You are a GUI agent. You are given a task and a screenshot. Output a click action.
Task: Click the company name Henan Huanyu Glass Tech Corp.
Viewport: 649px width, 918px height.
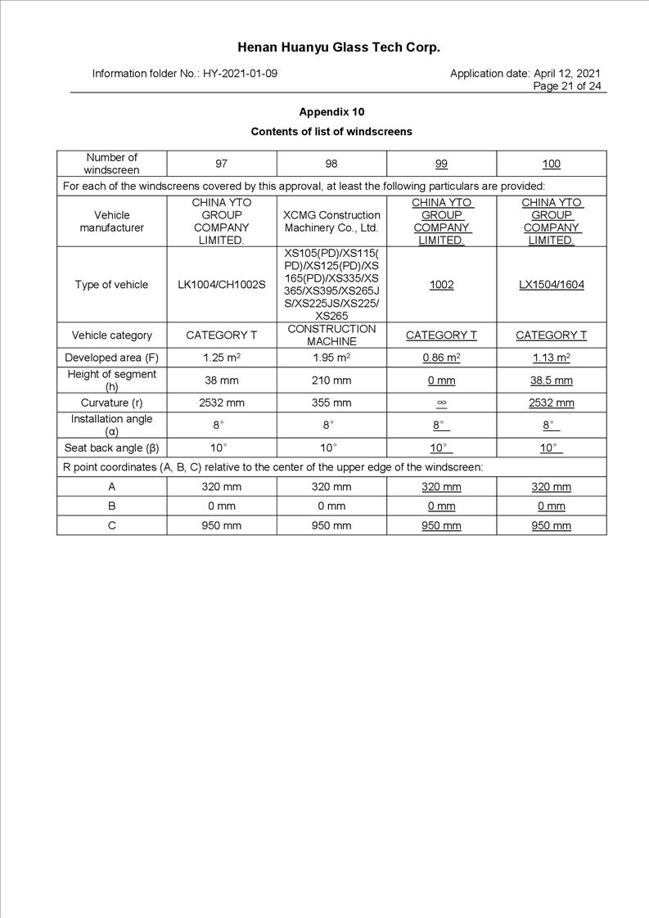[339, 47]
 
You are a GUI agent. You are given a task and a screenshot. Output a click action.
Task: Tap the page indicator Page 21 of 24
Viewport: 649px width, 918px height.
[566, 86]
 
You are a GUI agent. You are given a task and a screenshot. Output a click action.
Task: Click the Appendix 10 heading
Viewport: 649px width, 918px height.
[331, 112]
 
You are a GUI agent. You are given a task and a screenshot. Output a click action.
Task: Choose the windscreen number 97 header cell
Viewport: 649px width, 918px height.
[222, 164]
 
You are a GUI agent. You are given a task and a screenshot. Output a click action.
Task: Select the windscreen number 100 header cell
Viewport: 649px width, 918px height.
[552, 164]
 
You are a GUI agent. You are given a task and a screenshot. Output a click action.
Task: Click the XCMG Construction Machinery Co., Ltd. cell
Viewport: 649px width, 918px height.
[331, 222]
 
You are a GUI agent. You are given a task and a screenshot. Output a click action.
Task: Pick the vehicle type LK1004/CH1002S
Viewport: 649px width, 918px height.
[222, 285]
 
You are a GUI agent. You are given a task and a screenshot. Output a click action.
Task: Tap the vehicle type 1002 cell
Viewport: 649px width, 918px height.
[441, 285]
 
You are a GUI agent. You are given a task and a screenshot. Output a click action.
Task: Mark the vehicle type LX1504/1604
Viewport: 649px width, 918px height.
[552, 285]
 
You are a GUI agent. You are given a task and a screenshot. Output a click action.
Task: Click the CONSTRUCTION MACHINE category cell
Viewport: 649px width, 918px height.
[331, 335]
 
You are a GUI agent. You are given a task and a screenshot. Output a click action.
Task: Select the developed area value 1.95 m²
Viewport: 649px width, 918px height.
[331, 358]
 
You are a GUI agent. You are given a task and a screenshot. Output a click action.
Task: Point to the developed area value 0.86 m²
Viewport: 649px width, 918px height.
[441, 358]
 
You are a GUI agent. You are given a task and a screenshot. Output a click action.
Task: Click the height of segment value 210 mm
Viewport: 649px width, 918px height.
[331, 380]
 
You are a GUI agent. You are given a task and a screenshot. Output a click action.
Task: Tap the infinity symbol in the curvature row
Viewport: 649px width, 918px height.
[441, 403]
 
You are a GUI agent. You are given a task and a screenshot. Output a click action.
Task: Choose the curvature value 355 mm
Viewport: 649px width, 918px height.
[331, 403]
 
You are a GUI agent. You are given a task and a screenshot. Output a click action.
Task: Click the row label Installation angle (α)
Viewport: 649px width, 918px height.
[111, 425]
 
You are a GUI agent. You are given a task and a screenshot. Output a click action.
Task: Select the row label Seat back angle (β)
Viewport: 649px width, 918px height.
[111, 448]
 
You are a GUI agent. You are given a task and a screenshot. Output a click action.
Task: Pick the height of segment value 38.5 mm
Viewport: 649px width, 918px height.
[552, 380]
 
